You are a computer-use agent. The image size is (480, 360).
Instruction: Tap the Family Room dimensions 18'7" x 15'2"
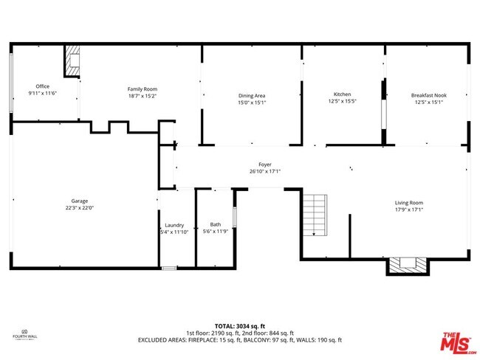[143, 96]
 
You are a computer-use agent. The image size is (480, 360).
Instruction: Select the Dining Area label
[252, 96]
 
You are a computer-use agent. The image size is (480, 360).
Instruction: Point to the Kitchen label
[342, 94]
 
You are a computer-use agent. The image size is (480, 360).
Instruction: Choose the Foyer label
[264, 165]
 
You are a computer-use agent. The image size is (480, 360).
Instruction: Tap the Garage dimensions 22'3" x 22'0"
[80, 208]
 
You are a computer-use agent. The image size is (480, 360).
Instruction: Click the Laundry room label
[174, 224]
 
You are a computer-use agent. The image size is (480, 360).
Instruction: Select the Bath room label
[215, 224]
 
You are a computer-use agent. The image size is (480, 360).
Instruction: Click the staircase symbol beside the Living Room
[315, 214]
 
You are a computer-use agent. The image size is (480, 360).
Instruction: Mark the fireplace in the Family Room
[72, 62]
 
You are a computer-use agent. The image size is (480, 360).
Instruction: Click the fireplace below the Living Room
[407, 264]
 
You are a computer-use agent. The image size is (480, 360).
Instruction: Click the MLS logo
[459, 342]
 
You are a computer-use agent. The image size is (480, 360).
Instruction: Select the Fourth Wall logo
[24, 334]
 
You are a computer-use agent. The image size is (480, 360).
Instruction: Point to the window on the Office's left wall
[10, 82]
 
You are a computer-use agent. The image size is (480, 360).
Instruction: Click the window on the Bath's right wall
[234, 217]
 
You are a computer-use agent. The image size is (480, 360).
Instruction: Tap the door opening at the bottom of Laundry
[169, 268]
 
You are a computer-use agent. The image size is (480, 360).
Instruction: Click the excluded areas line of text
[239, 340]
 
